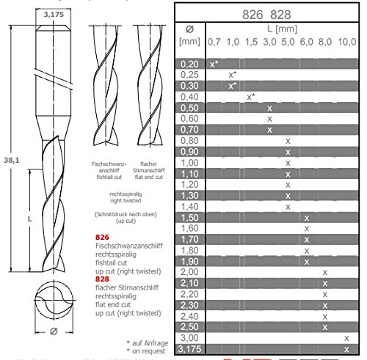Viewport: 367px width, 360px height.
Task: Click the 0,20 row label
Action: click(190, 65)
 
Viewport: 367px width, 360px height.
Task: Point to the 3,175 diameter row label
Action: click(190, 349)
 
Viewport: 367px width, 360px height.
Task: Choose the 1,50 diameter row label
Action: click(190, 218)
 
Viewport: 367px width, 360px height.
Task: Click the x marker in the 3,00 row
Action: click(346, 339)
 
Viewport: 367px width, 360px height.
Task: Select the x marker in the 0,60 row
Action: click(269, 119)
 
